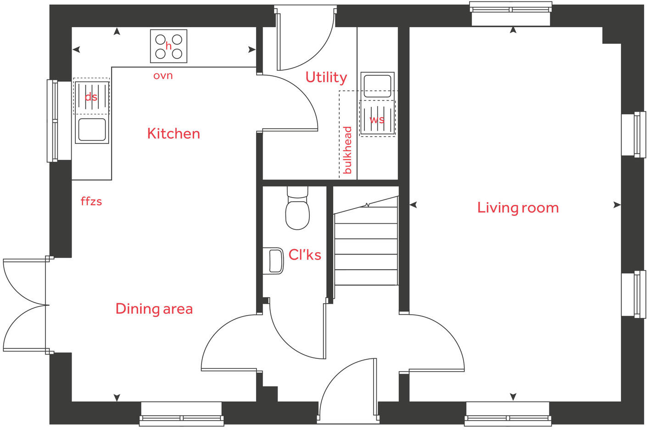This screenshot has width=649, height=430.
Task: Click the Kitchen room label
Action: tap(173, 134)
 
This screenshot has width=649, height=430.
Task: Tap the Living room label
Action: tap(518, 208)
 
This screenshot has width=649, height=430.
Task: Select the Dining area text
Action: tap(154, 309)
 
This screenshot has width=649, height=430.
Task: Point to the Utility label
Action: tap(326, 77)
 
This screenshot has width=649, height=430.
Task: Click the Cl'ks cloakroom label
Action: tap(305, 255)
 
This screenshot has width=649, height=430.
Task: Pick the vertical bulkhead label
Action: tap(347, 150)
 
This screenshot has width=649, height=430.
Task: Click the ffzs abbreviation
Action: tap(91, 201)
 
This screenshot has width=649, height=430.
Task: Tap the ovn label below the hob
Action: tap(163, 75)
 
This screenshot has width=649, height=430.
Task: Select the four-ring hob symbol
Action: tap(168, 46)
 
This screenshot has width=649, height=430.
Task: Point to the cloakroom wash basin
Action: tap(274, 261)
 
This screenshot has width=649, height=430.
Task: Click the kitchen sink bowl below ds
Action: tap(92, 130)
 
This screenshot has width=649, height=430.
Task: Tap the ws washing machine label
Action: tap(377, 120)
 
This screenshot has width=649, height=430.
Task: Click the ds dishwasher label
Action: tap(91, 97)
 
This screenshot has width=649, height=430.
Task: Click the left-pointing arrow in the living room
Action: tap(413, 205)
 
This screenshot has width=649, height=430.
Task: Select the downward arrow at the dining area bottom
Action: tap(117, 397)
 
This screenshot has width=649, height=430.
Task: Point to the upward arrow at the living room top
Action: tap(513, 30)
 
